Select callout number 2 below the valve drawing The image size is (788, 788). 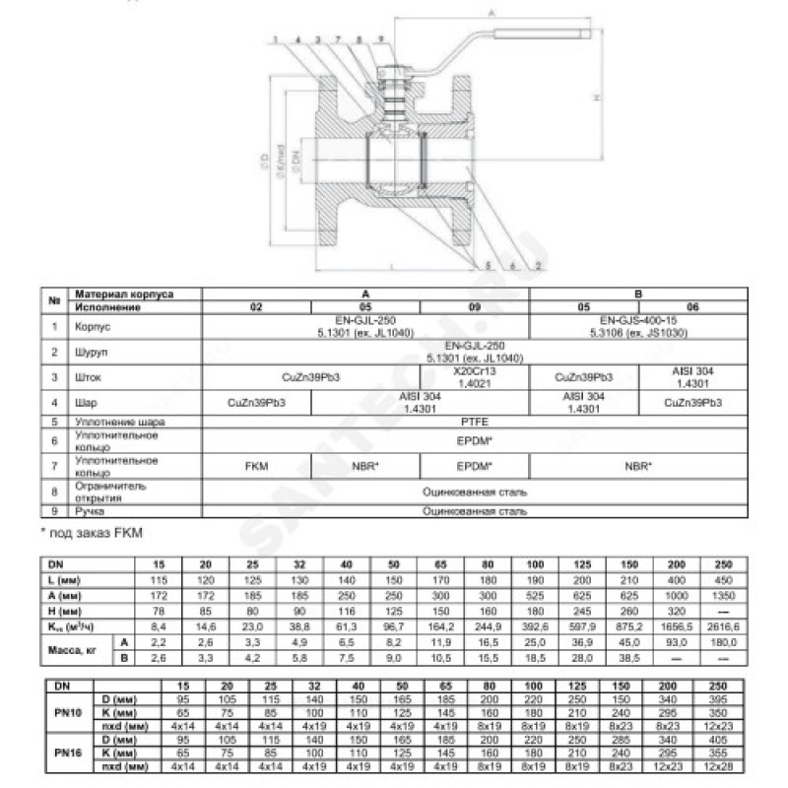(539, 267)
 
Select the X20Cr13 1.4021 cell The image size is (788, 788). (475, 377)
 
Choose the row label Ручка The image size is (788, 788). (87, 511)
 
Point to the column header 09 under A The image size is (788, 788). (475, 306)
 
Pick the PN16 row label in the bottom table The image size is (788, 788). (61, 752)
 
